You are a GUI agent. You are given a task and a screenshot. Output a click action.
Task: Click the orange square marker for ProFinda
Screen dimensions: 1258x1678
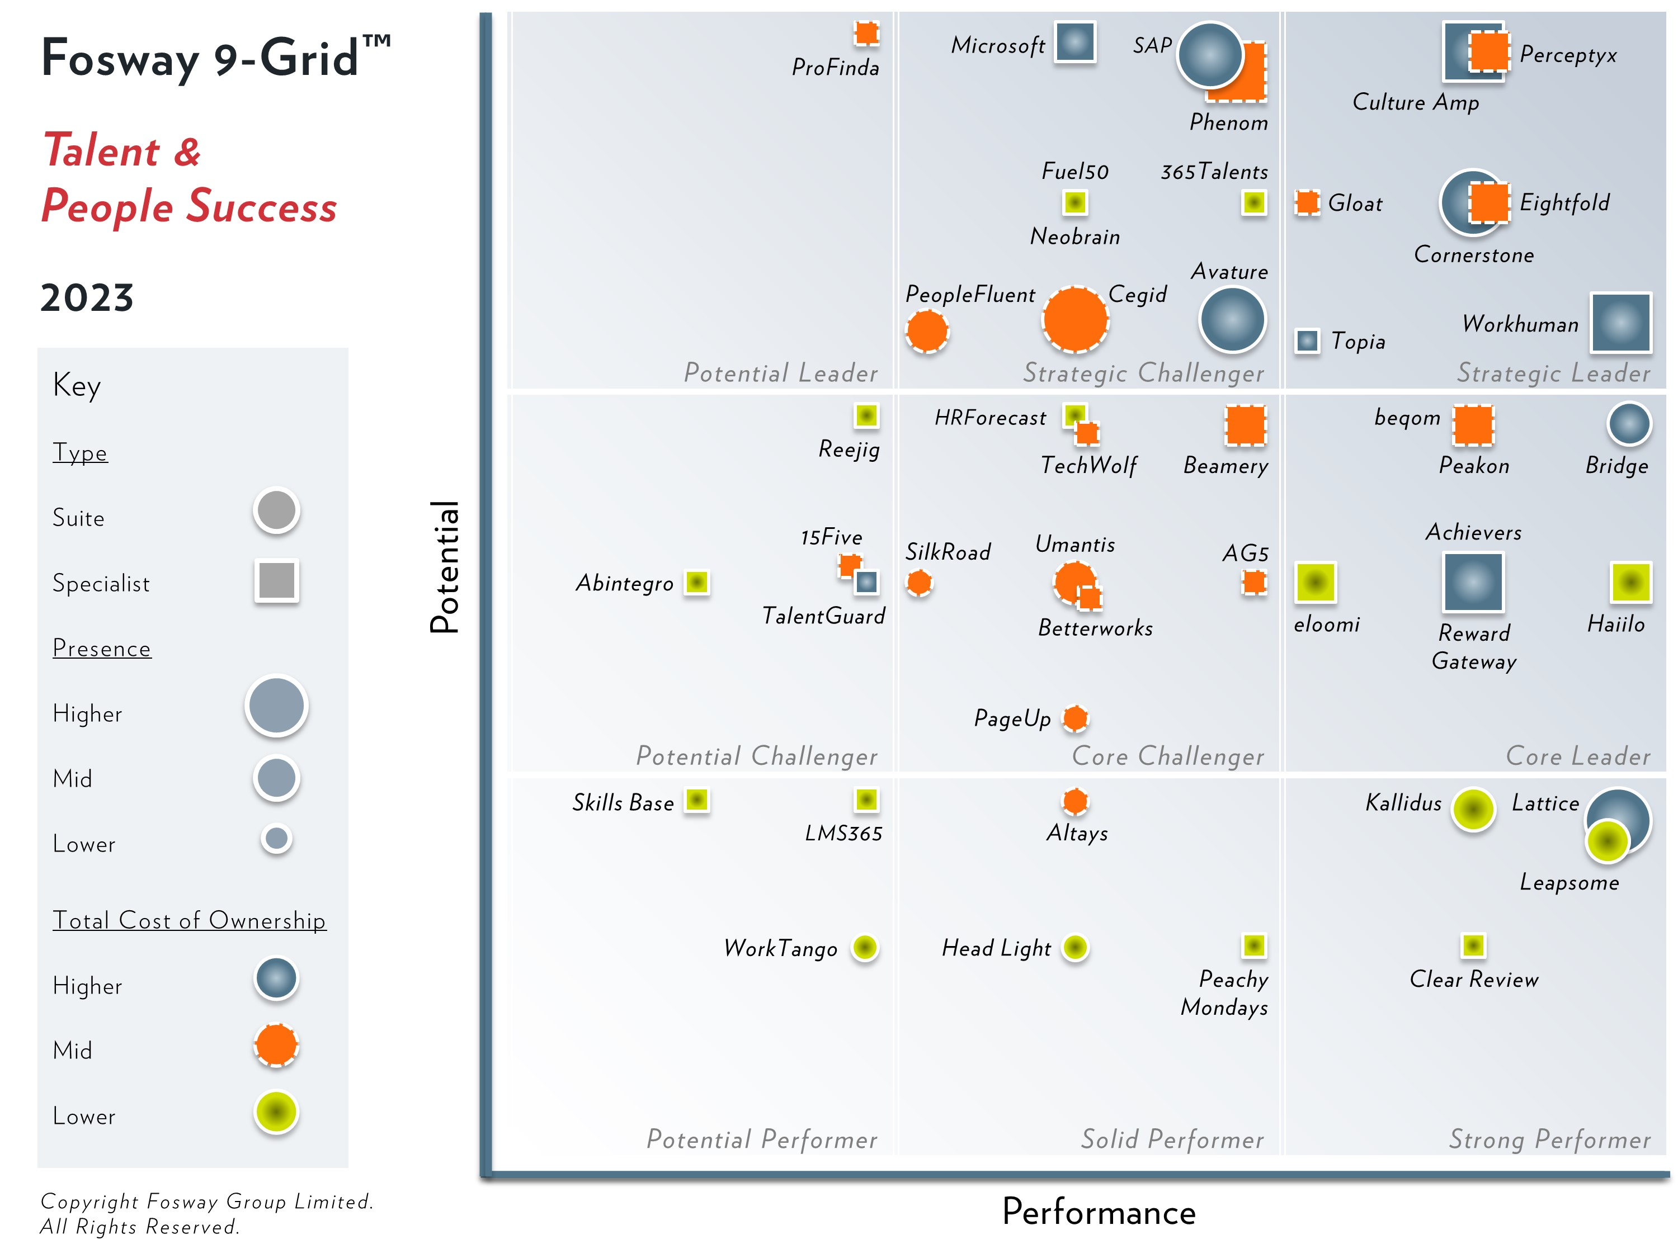(866, 34)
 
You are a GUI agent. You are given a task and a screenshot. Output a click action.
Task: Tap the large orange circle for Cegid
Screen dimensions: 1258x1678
(1075, 319)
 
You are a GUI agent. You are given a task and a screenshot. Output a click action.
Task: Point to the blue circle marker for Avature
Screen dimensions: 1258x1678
(1232, 319)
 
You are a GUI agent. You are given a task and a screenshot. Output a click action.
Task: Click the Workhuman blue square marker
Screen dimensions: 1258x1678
(1620, 322)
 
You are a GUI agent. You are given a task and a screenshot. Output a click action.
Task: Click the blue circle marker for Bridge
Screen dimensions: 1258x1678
(1629, 423)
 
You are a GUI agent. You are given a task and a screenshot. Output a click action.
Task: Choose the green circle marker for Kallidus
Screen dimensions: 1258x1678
(1473, 809)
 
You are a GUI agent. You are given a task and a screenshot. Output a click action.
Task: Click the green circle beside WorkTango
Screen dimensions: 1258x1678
(865, 947)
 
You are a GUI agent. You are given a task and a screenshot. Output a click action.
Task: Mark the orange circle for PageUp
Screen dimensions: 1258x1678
(1075, 717)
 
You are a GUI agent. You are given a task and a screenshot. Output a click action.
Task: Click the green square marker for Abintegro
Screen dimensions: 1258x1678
(696, 581)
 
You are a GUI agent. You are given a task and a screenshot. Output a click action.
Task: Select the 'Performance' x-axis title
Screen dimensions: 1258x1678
(1099, 1211)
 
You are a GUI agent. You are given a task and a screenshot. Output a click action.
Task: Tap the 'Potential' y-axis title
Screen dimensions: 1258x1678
(445, 566)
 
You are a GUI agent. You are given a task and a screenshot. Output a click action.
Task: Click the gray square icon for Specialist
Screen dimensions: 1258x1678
(277, 581)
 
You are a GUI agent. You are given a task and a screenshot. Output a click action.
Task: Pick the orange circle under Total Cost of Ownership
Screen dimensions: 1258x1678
(276, 1045)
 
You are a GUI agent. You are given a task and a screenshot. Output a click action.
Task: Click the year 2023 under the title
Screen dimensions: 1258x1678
(87, 297)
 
